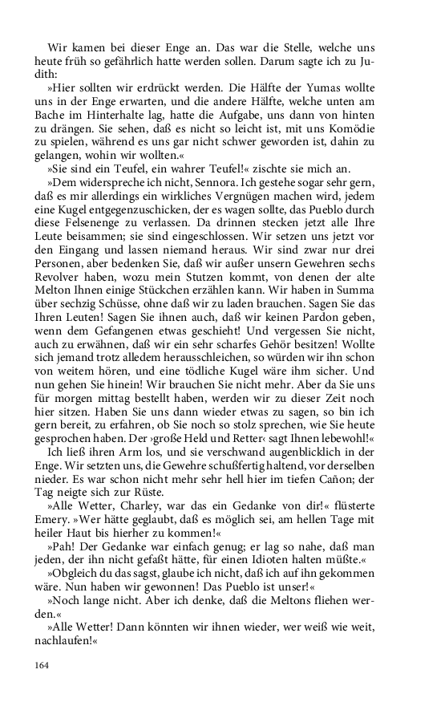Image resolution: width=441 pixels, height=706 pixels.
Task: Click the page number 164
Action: (x=42, y=665)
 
